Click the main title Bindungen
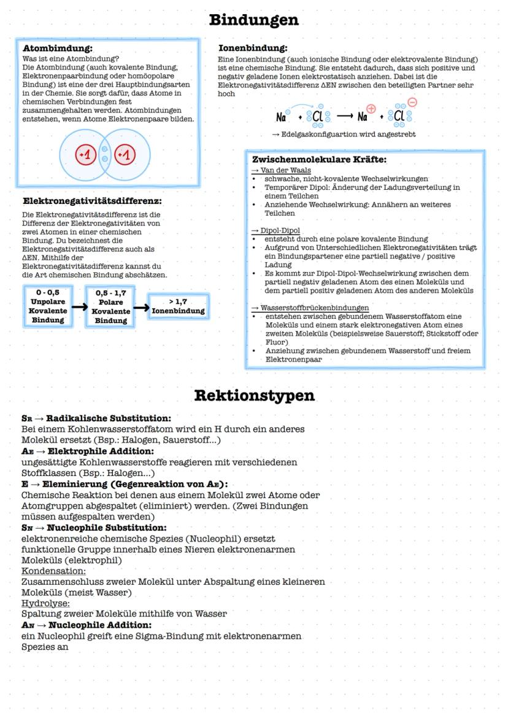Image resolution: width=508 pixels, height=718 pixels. point(254,20)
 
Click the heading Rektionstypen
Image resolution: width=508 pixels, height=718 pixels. point(254,396)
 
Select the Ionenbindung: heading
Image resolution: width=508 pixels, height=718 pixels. point(253,47)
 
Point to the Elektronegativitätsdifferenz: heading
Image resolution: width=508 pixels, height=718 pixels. point(92,201)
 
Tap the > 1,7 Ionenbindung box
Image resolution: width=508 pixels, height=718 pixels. point(179,306)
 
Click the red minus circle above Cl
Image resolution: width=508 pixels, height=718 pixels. point(412,103)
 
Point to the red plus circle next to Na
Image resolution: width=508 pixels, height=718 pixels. point(371,109)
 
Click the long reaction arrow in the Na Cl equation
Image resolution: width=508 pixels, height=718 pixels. point(338,116)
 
